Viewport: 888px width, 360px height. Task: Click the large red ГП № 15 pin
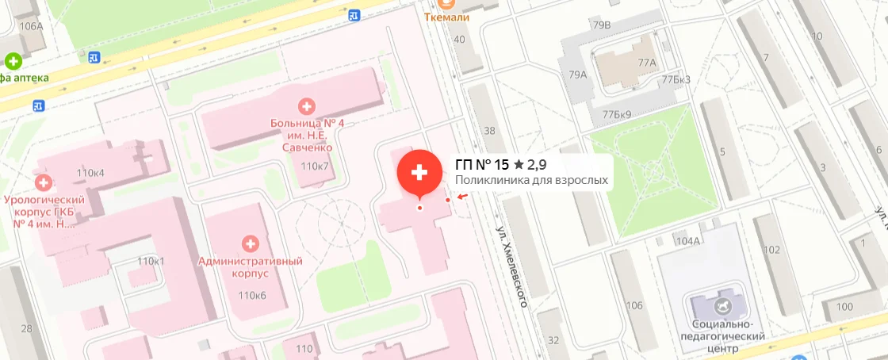tap(419, 173)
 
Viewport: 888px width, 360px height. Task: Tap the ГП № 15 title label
tap(481, 165)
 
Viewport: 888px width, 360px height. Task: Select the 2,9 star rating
tap(530, 165)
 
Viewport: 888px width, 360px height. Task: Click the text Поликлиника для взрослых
tap(531, 181)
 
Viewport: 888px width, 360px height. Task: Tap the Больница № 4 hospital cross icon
tap(306, 105)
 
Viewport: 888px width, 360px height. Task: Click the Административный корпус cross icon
tap(251, 243)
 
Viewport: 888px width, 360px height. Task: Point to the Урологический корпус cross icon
tap(44, 182)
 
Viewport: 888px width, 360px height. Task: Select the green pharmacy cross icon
tap(13, 61)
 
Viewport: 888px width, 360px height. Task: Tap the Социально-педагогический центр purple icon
tap(720, 305)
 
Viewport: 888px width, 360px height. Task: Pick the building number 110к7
tap(315, 166)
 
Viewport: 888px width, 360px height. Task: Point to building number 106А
tap(31, 26)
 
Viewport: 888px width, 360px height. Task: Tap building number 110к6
tap(251, 296)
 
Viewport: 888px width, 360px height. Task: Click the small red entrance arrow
tap(462, 197)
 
